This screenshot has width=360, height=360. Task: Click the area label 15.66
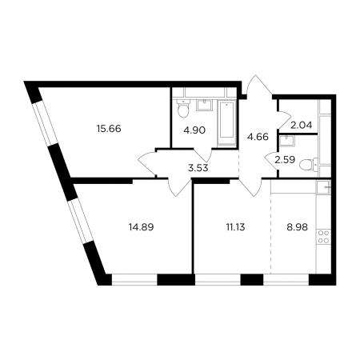point(109,129)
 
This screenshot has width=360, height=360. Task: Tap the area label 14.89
point(141,227)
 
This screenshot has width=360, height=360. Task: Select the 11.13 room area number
point(235,227)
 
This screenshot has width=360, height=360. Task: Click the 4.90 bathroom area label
point(195,130)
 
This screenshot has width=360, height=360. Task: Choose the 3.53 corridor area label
point(198,168)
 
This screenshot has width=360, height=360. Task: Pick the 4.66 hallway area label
point(258,137)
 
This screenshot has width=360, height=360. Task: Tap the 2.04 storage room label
point(301,125)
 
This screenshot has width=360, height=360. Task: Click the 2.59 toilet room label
point(285,160)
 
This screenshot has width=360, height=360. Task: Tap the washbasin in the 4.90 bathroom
point(205,105)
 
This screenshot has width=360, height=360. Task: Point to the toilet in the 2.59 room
point(308,164)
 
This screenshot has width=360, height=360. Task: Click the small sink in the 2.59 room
point(286,141)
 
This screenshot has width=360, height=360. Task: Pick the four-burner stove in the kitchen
point(323,237)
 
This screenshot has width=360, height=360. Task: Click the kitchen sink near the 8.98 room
point(323,187)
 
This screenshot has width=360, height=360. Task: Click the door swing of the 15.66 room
point(147,163)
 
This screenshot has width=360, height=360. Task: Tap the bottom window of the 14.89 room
point(134,280)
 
